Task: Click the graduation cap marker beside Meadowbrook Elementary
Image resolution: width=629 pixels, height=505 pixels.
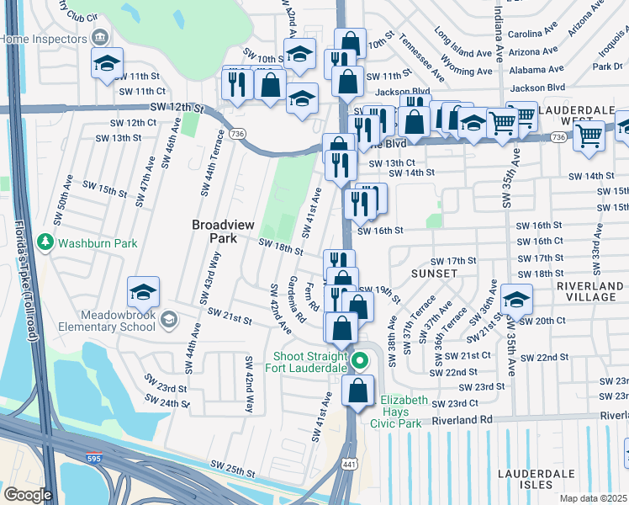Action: point(143,293)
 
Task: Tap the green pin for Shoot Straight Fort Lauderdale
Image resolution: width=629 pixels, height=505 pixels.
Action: point(360,362)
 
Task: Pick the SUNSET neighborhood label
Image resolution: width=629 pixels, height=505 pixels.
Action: point(434,274)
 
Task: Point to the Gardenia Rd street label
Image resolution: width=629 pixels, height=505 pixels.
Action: point(296,300)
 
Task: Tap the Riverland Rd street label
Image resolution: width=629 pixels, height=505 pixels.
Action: point(462,419)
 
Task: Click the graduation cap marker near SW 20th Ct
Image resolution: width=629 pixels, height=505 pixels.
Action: point(515,299)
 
